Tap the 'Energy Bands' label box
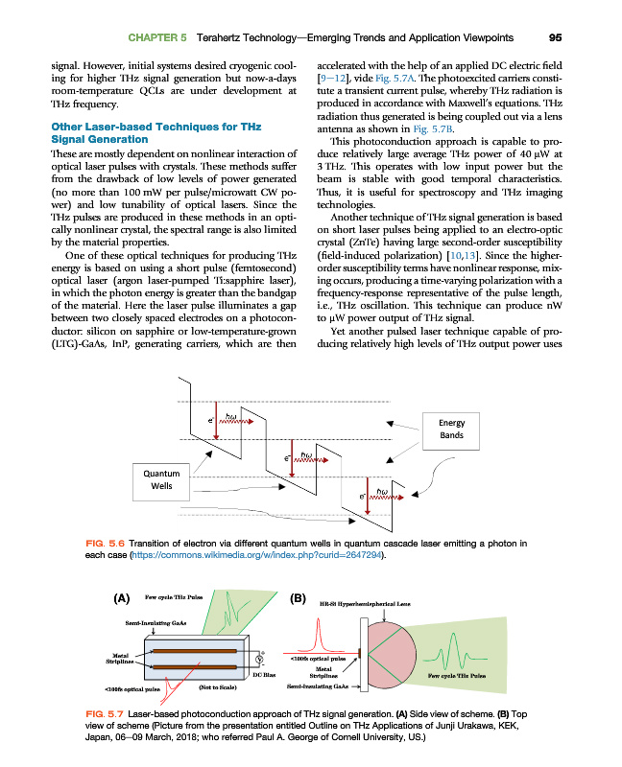pyautogui.click(x=451, y=429)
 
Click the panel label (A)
pyautogui.click(x=122, y=599)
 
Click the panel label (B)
pyautogui.click(x=298, y=599)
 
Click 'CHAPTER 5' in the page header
pyautogui.click(x=158, y=37)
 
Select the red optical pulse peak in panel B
pyautogui.click(x=314, y=634)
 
